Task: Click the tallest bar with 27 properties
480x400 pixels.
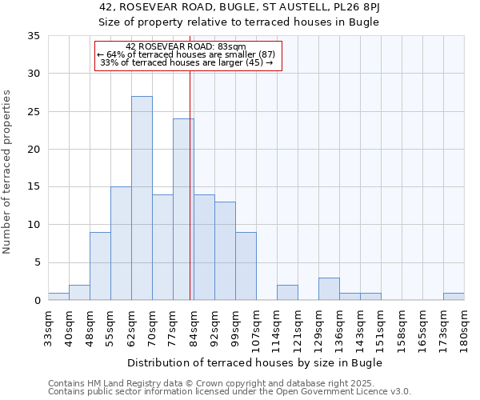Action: [142, 198]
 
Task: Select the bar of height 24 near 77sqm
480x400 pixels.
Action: [183, 210]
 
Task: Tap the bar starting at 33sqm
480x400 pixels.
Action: [58, 296]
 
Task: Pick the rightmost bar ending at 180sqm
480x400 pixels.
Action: [454, 296]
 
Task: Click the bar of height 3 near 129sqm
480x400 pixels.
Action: [329, 289]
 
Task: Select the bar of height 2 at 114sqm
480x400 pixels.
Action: [287, 292]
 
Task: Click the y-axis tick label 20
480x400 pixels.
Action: [34, 150]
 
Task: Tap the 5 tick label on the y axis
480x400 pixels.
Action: [37, 262]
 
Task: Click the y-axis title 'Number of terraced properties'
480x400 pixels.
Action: [7, 172]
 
